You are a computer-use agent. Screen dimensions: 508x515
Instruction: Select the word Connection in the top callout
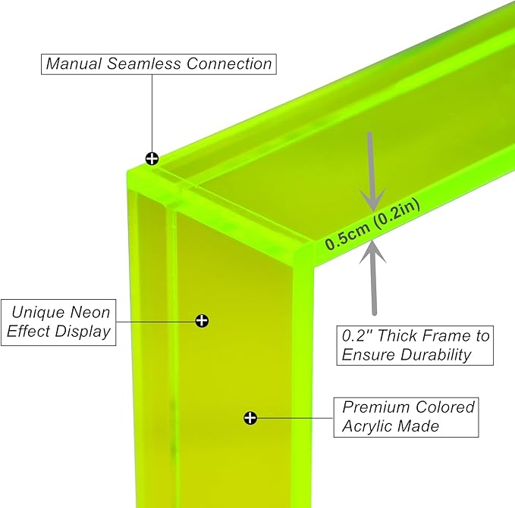229,63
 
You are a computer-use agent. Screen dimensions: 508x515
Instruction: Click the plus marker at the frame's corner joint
152,158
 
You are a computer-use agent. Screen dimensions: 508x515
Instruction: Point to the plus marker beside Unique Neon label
202,320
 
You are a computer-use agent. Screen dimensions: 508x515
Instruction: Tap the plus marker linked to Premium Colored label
250,417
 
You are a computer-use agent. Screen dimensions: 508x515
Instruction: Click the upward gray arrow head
373,251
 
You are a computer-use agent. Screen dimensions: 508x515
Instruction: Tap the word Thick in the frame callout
400,335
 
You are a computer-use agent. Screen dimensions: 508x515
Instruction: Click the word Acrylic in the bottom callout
368,426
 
